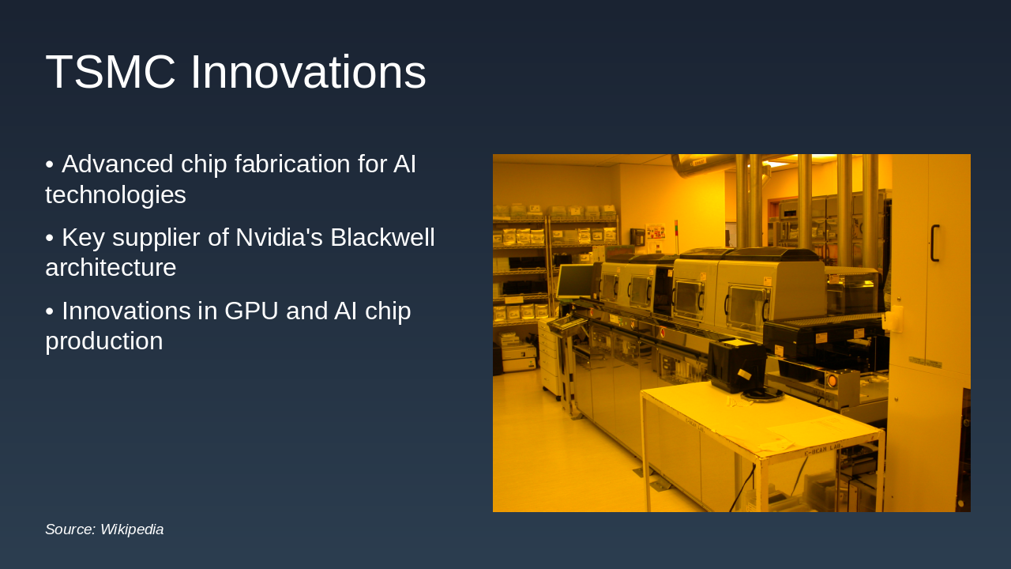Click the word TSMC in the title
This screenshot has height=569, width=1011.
[x=110, y=73]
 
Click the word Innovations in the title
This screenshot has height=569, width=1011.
[x=308, y=73]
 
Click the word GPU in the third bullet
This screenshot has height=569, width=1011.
[x=249, y=311]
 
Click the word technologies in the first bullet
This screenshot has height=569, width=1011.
[x=115, y=194]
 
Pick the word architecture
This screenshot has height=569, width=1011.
[x=111, y=268]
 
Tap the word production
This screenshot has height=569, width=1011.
[x=103, y=341]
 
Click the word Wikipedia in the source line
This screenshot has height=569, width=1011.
[x=132, y=529]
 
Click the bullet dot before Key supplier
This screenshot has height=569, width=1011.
[x=49, y=237]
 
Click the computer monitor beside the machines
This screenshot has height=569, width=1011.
[x=575, y=281]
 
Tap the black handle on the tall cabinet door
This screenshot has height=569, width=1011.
[x=934, y=243]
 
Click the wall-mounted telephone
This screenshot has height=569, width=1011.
[x=636, y=236]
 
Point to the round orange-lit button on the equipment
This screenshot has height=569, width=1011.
[x=832, y=381]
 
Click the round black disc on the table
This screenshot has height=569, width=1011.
[x=762, y=394]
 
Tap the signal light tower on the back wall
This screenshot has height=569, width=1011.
[x=676, y=230]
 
